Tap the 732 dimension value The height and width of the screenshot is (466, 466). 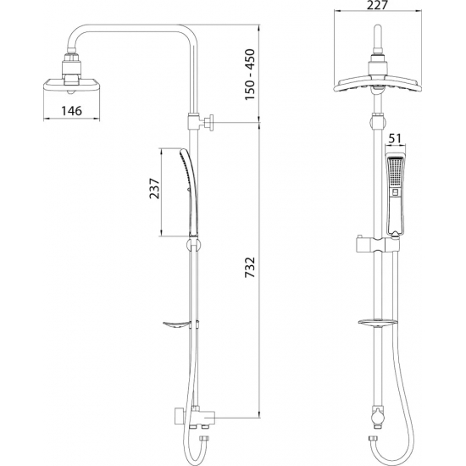click(250, 270)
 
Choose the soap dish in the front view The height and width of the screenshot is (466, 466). click(375, 322)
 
